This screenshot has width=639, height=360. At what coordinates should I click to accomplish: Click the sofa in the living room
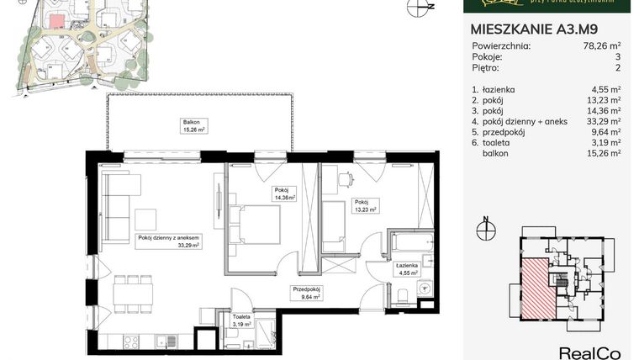point(114,204)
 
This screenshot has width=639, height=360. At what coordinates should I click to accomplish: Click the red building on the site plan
point(57,23)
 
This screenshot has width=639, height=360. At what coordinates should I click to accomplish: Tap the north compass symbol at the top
point(415,8)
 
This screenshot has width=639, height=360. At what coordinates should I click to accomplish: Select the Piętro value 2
point(617,67)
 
